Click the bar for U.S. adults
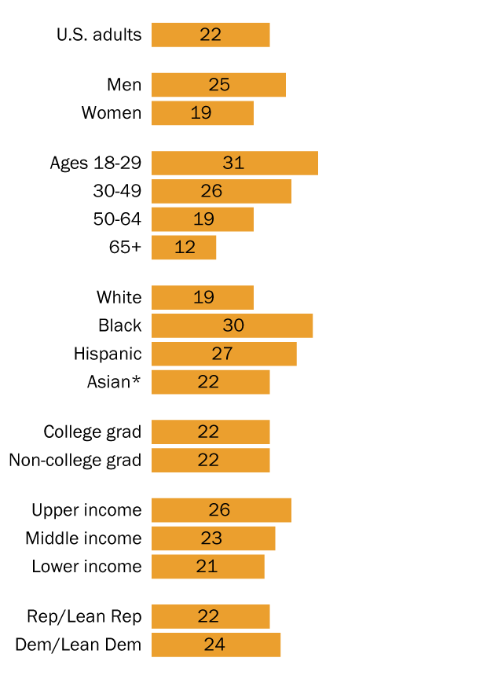(211, 35)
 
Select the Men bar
(218, 85)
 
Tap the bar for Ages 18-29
(234, 163)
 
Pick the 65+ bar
(184, 248)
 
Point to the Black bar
(232, 325)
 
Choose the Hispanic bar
(224, 354)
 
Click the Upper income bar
(221, 510)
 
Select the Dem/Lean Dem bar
(215, 645)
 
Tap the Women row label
(112, 113)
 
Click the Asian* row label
(114, 382)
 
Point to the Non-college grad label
(75, 461)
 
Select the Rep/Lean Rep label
(84, 616)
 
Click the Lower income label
(86, 567)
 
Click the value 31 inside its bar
(233, 163)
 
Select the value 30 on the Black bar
(233, 325)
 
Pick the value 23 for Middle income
(211, 538)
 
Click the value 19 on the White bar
(203, 298)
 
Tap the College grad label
(93, 432)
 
